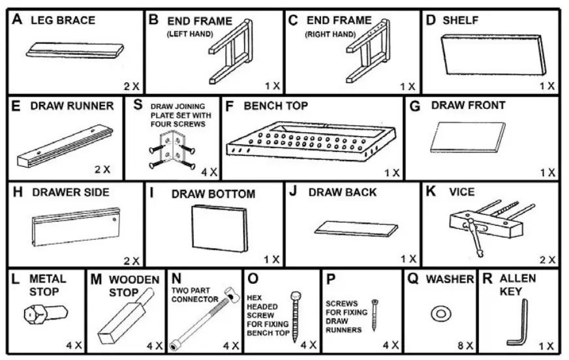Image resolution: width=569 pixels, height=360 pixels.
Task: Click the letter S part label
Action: coord(138,104)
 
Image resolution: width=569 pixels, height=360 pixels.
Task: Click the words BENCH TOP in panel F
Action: coord(275,105)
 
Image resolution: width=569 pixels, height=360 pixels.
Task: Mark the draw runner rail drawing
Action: coord(65,145)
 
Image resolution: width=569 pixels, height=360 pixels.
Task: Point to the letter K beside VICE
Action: coord(430,192)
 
